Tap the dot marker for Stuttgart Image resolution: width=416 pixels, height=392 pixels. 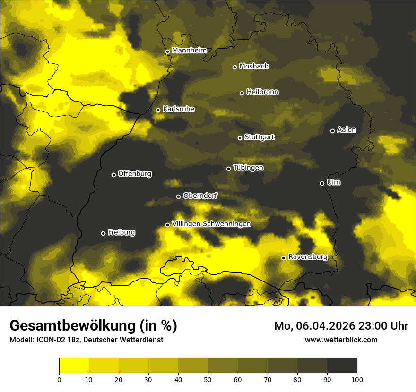click(240, 138)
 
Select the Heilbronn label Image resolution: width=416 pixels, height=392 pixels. click(262, 92)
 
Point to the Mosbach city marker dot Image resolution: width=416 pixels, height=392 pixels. click(234, 67)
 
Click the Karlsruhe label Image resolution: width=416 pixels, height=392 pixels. click(178, 109)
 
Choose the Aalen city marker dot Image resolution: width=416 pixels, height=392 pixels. click(332, 131)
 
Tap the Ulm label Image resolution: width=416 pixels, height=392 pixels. click(333, 182)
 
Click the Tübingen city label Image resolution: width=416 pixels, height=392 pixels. click(248, 168)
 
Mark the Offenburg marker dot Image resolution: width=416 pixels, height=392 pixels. click(113, 175)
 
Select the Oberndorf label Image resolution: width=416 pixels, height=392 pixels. click(200, 196)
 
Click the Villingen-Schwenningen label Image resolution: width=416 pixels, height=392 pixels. click(211, 224)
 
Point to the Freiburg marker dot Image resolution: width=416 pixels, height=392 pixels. click(103, 233)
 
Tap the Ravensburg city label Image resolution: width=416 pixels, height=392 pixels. click(308, 257)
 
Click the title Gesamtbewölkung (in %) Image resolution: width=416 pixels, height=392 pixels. click(93, 326)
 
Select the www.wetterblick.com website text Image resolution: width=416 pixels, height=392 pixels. click(341, 340)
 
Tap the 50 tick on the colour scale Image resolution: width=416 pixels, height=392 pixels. click(208, 379)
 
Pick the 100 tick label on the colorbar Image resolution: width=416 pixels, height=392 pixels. click(357, 379)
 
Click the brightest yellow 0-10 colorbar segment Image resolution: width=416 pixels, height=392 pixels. click(74, 366)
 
